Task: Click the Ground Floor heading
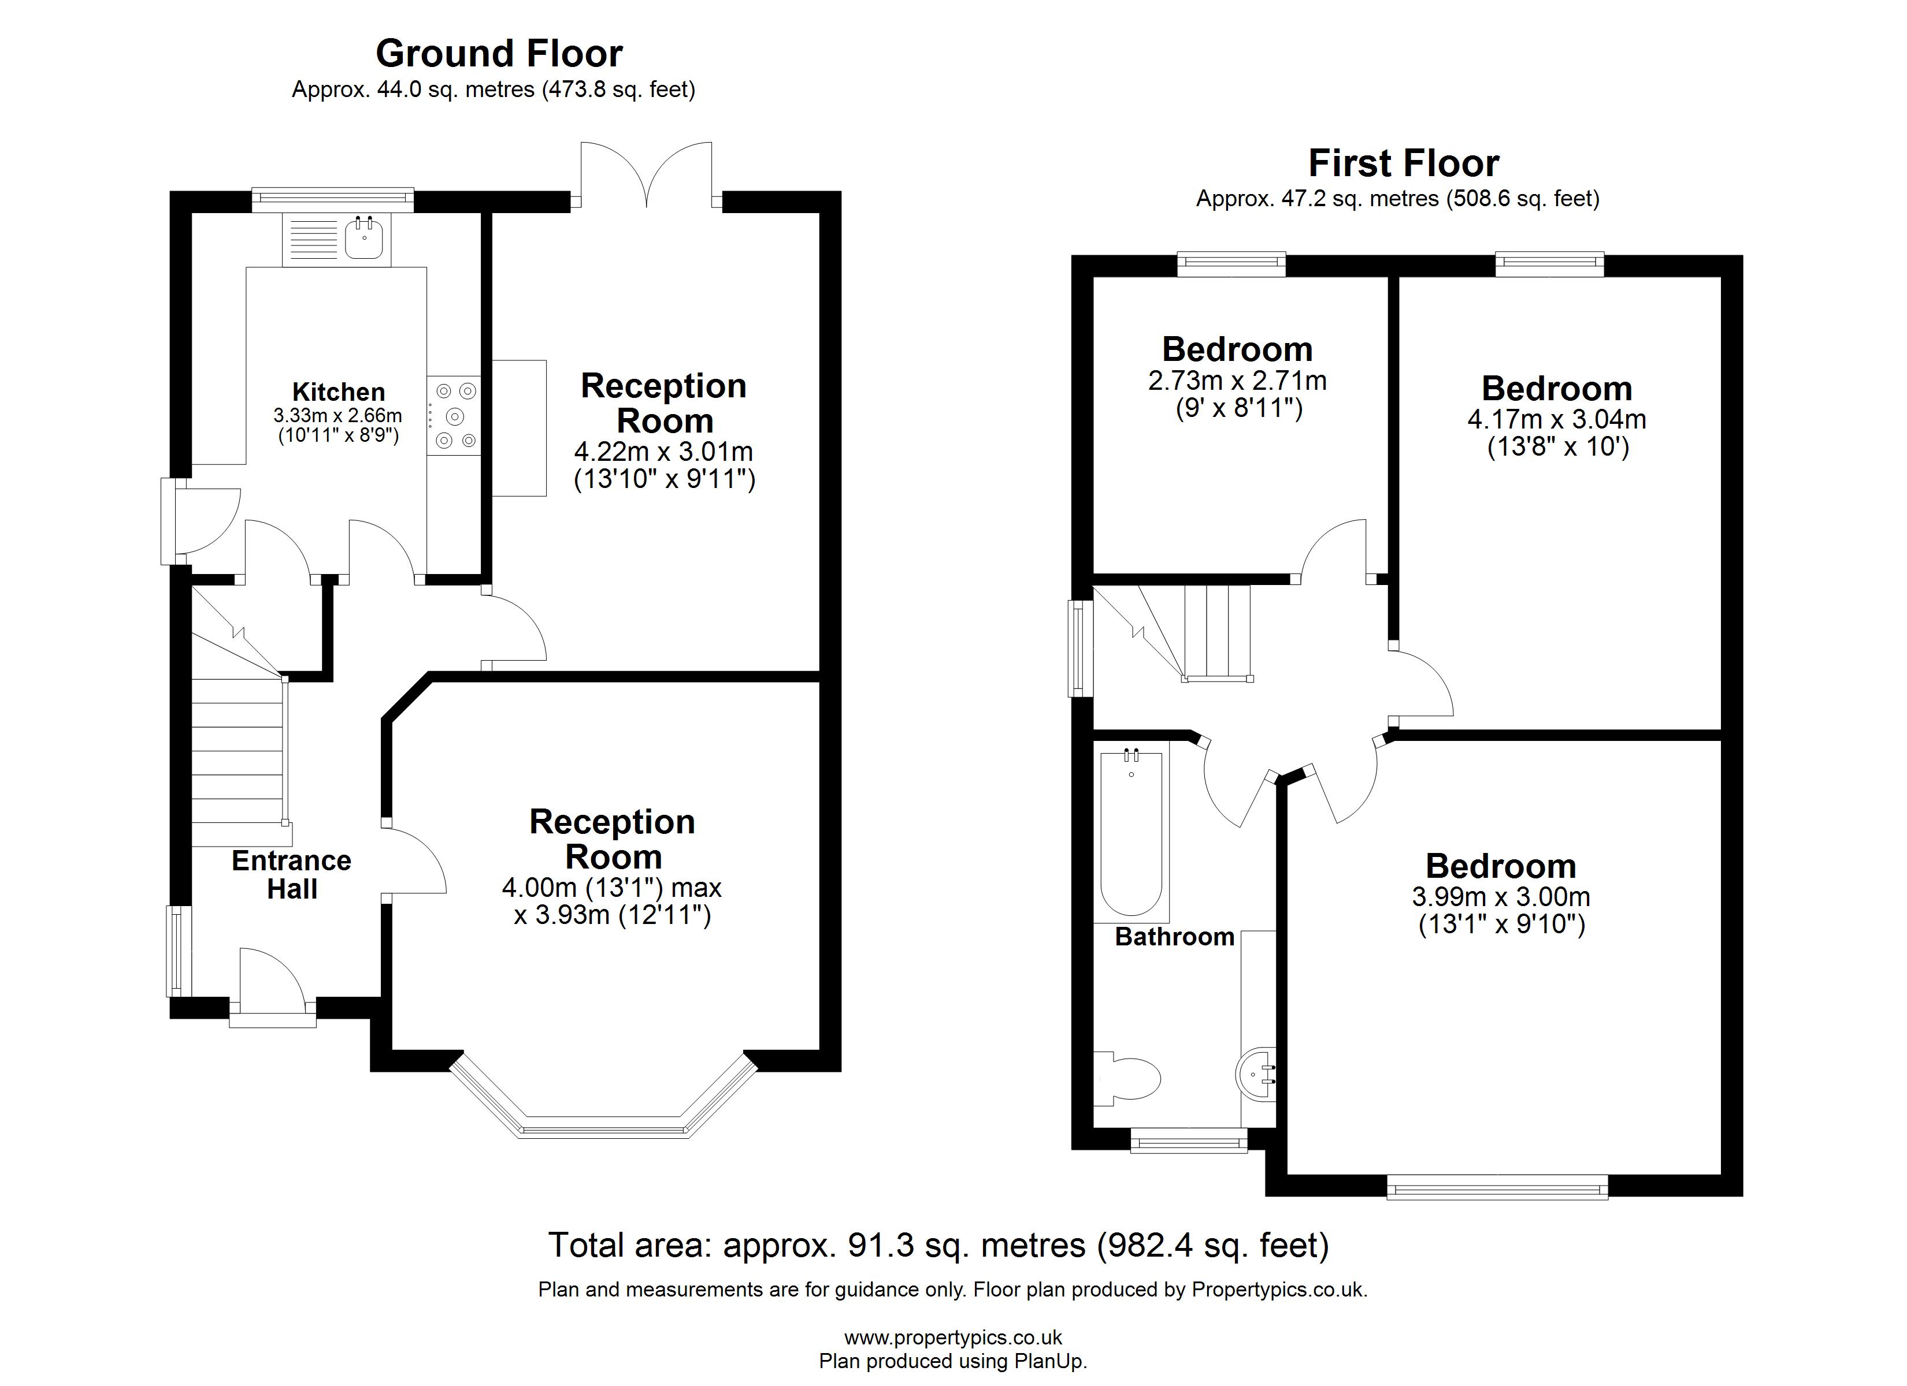pos(499,54)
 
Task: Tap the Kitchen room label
pos(338,392)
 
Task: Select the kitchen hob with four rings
pos(454,415)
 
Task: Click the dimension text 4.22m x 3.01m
pos(663,452)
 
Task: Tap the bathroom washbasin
pos(1259,1072)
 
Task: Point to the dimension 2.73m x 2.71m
pos(1237,381)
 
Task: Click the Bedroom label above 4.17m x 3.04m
pos(1556,388)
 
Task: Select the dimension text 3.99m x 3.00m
pos(1501,897)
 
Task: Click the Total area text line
pos(938,1245)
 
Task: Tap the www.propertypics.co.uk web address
pos(953,1337)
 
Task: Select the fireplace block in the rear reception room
pos(519,428)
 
